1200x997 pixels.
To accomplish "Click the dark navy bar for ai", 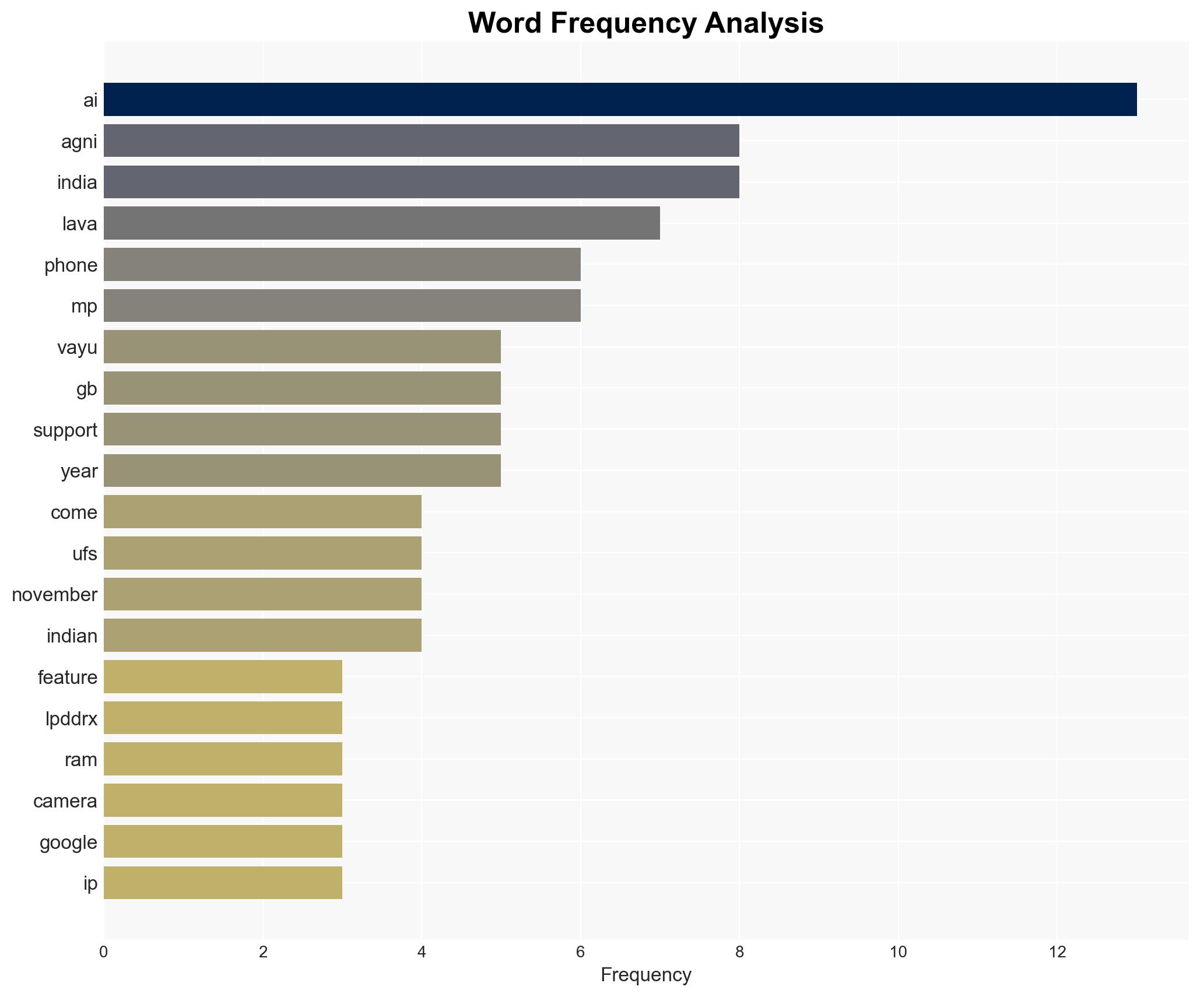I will [620, 99].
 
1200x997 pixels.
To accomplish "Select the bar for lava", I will [381, 223].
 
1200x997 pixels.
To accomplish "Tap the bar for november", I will [262, 594].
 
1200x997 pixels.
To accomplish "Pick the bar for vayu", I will [302, 347].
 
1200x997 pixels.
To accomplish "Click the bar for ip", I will [223, 883].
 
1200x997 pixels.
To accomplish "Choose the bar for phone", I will [342, 264].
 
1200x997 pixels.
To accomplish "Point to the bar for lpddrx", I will [223, 718].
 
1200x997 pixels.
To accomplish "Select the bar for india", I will [421, 182].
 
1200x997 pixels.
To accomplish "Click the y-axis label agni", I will [79, 142].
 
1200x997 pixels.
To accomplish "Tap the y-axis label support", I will [65, 430].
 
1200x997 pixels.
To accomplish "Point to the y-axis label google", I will [68, 842].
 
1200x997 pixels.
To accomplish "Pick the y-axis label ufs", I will [85, 554].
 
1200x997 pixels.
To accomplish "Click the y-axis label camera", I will [65, 801].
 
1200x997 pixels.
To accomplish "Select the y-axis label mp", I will [84, 306].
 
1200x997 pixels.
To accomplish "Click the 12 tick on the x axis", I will [1057, 953].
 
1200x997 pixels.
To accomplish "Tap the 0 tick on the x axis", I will [104, 953].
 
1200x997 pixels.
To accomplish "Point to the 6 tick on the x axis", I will [580, 953].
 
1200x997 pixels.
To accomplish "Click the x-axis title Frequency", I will [645, 975].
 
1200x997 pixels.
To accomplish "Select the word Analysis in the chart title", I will [764, 23].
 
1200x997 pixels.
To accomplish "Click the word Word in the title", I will [504, 23].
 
